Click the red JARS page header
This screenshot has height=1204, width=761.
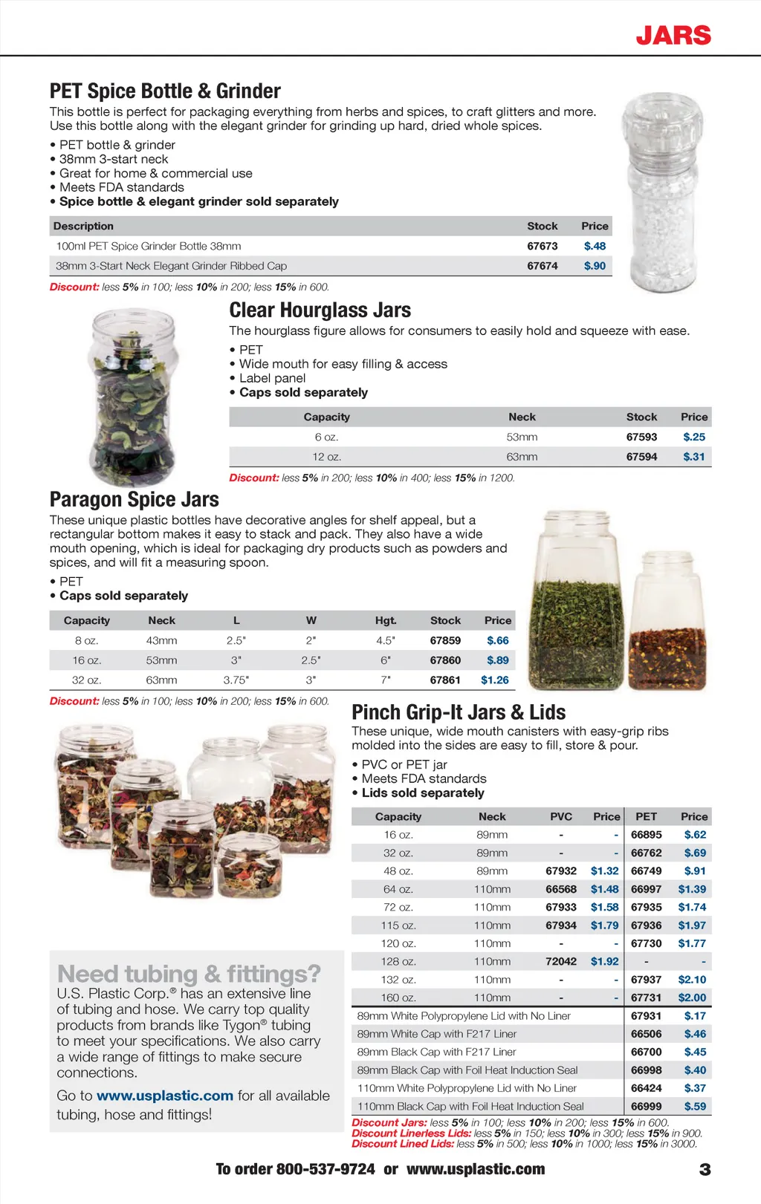[x=673, y=35]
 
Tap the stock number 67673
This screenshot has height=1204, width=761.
[x=542, y=246]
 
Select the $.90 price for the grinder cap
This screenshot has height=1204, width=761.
[x=595, y=266]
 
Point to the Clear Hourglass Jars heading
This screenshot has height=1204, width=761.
[x=320, y=310]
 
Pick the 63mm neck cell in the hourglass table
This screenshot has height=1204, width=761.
[x=522, y=457]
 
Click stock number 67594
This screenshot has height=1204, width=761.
[x=641, y=457]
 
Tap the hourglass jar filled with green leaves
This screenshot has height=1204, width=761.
[x=134, y=397]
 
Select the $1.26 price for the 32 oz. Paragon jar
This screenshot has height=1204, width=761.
[x=495, y=680]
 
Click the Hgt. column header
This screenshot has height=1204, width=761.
[x=386, y=620]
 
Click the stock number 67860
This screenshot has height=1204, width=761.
[x=445, y=660]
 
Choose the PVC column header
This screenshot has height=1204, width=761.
[x=561, y=816]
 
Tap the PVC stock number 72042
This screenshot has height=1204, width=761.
[x=561, y=961]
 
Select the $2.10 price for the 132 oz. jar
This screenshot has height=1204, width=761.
[x=692, y=980]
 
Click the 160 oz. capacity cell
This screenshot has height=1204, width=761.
[x=398, y=998]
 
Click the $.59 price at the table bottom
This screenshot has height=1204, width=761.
[x=695, y=1106]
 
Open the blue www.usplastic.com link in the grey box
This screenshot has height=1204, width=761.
[x=165, y=1096]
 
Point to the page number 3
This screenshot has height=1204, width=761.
[x=705, y=1170]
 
